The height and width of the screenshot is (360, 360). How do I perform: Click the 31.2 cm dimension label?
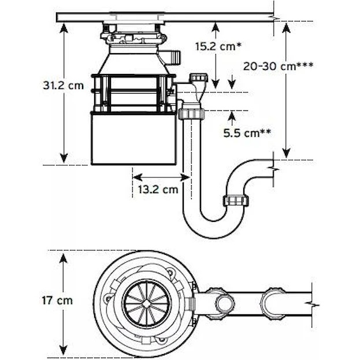(64, 86)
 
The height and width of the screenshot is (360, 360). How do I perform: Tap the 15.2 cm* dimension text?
(218, 47)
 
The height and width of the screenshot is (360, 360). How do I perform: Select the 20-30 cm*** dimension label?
(279, 66)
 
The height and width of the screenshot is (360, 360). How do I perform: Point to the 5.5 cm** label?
(247, 133)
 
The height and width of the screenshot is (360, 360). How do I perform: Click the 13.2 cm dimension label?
(158, 190)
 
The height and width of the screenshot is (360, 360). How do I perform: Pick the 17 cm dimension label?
(57, 300)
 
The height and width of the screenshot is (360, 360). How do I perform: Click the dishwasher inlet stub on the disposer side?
(175, 57)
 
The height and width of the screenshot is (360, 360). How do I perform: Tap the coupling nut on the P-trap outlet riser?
(236, 201)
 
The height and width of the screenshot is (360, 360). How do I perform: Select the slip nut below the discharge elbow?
(191, 114)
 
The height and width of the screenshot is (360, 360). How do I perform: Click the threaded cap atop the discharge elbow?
(199, 77)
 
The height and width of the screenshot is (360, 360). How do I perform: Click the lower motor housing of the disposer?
(134, 139)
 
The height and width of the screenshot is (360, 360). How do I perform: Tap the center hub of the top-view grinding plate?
(147, 303)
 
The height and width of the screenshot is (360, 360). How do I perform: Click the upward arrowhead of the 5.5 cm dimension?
(232, 116)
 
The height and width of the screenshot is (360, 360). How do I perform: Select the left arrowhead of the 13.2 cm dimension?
(138, 177)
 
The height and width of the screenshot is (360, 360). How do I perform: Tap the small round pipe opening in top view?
(225, 303)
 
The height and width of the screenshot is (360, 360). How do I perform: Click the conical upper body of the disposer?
(134, 60)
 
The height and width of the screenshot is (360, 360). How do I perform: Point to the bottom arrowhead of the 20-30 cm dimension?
(286, 153)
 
